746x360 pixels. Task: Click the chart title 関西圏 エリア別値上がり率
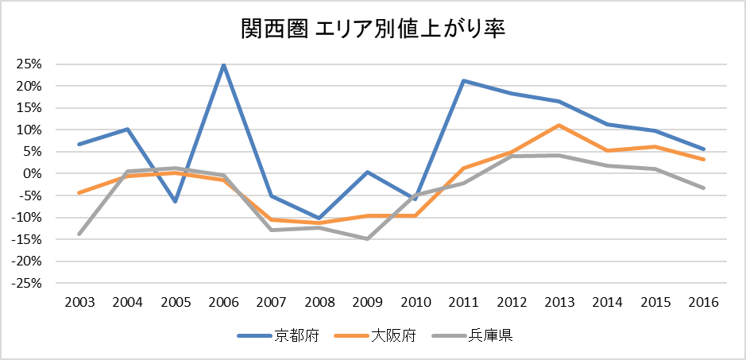point(373,29)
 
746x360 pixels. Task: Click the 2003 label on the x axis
point(80,303)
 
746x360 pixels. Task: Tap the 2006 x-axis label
point(224,303)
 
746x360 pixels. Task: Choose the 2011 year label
point(464,303)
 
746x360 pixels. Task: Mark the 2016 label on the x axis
point(704,303)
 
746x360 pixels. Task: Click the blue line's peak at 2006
point(224,65)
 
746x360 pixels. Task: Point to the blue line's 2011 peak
point(464,80)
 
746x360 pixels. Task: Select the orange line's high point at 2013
point(560,126)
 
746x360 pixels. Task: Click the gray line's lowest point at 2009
point(368,238)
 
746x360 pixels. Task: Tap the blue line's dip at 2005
point(176,201)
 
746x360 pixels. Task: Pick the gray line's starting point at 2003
point(80,234)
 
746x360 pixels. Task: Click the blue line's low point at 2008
point(320,218)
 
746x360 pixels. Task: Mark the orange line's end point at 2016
point(704,159)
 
